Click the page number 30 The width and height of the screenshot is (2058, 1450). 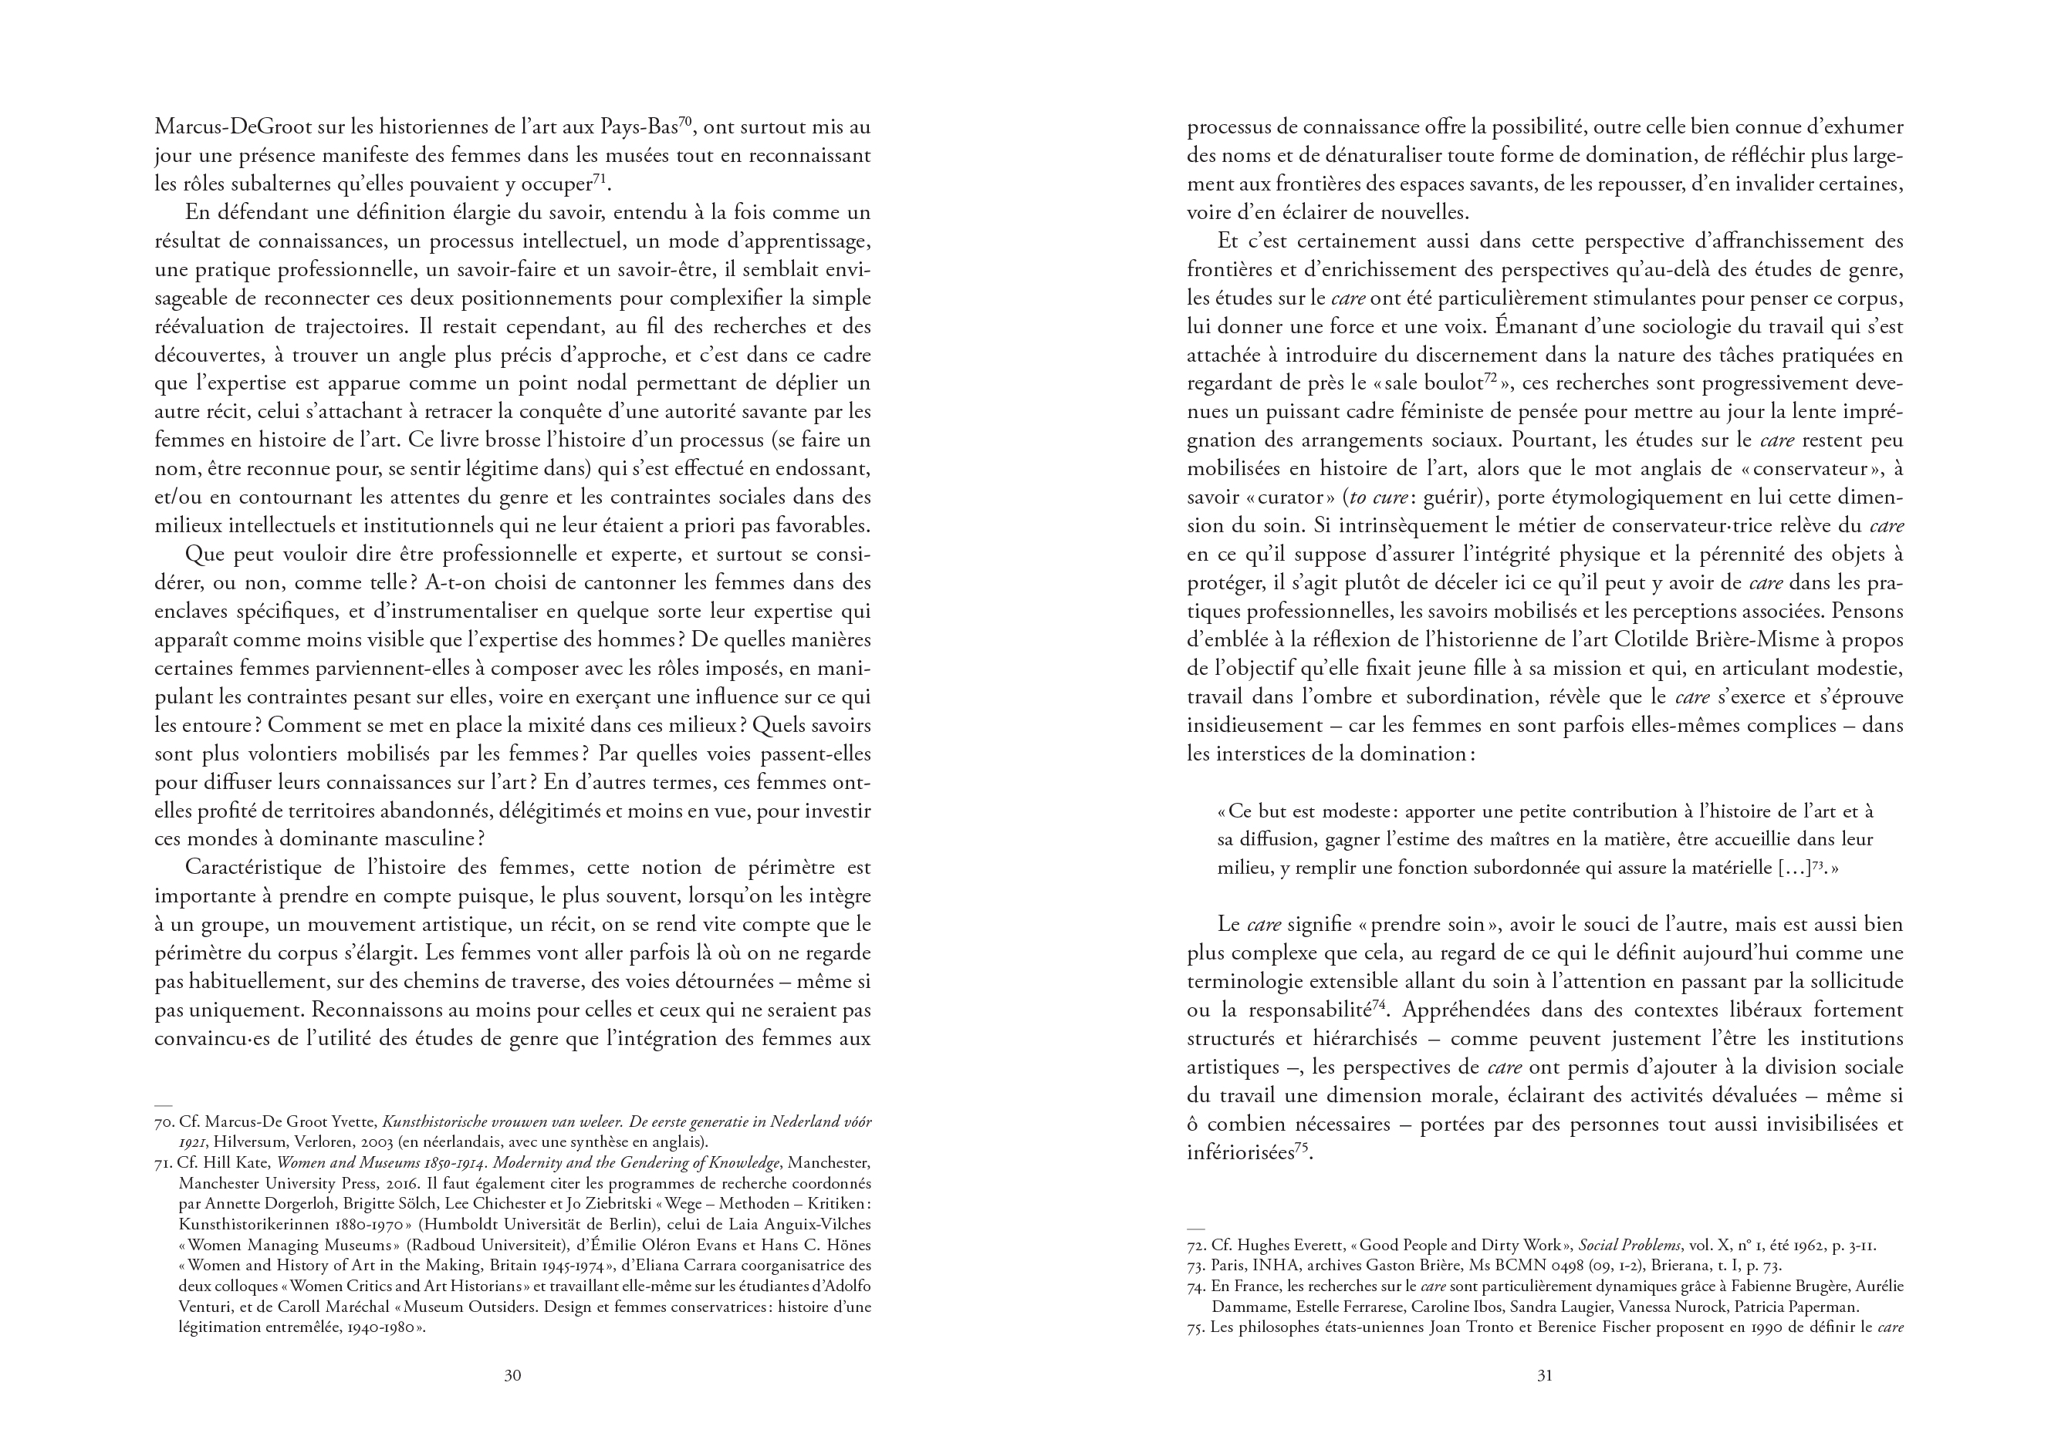(512, 1400)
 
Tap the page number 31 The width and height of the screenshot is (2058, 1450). (1544, 1400)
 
